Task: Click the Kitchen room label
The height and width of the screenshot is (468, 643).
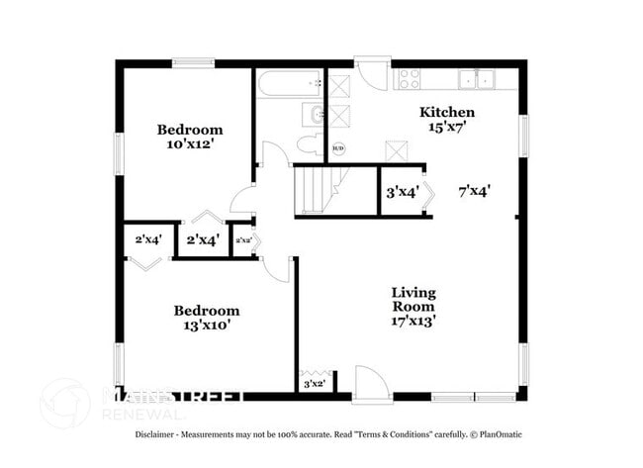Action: [x=447, y=112]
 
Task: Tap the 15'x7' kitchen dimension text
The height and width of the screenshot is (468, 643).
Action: [x=447, y=128]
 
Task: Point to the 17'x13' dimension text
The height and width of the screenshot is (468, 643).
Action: [x=413, y=321]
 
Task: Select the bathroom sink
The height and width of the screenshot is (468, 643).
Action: [x=314, y=115]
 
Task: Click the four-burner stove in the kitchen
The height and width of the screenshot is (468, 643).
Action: [x=409, y=79]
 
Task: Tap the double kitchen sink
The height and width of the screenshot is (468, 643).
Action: [x=475, y=79]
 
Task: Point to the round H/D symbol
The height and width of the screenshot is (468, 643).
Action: [x=338, y=148]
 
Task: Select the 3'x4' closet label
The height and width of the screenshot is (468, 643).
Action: [x=402, y=193]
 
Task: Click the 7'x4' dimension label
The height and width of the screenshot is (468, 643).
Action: [x=475, y=190]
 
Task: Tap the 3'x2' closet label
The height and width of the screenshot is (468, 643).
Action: [x=315, y=383]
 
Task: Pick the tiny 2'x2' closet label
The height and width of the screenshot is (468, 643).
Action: [x=242, y=240]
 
